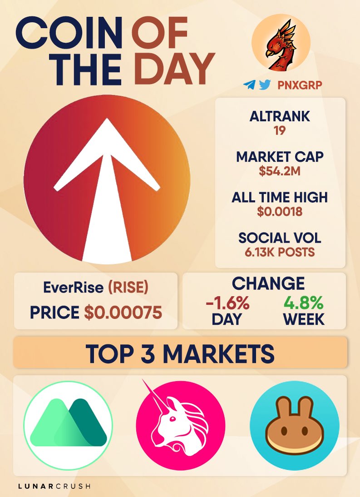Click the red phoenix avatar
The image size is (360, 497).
281,45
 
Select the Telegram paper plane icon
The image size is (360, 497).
249,85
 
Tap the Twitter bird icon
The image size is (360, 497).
264,85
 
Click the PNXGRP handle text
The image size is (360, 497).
297,85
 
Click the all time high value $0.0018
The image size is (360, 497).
280,212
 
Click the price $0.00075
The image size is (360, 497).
123,313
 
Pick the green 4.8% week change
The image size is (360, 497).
303,302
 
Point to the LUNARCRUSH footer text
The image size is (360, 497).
54,486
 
